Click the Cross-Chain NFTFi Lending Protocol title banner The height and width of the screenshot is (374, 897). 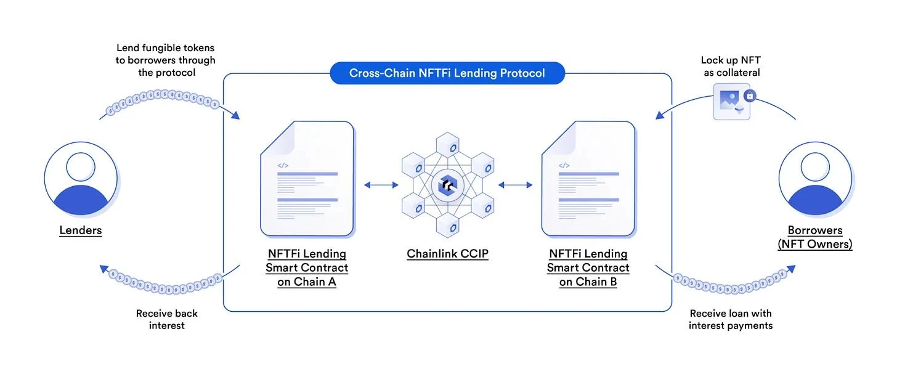(447, 73)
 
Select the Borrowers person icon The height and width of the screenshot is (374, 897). (815, 177)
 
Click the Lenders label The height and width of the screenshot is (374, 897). (81, 231)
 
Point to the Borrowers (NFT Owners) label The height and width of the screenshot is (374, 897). (815, 237)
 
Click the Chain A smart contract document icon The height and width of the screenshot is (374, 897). (307, 179)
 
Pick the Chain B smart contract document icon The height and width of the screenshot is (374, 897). (588, 179)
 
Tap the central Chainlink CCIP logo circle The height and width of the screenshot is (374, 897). (447, 184)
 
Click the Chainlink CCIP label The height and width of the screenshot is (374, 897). (447, 254)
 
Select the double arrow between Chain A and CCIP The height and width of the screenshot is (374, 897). (381, 184)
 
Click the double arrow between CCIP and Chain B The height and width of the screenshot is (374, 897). (515, 184)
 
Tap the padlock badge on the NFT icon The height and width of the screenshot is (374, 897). (749, 96)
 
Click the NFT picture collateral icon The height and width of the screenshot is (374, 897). (731, 102)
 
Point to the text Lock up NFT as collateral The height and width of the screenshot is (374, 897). (730, 67)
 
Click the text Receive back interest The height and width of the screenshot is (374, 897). (166, 319)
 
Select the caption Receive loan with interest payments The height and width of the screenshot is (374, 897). (731, 319)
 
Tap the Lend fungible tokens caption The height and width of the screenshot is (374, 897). (166, 60)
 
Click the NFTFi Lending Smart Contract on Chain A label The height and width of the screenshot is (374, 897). (307, 268)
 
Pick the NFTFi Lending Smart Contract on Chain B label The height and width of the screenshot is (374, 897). (588, 268)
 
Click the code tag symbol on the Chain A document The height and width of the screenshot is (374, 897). (283, 165)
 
